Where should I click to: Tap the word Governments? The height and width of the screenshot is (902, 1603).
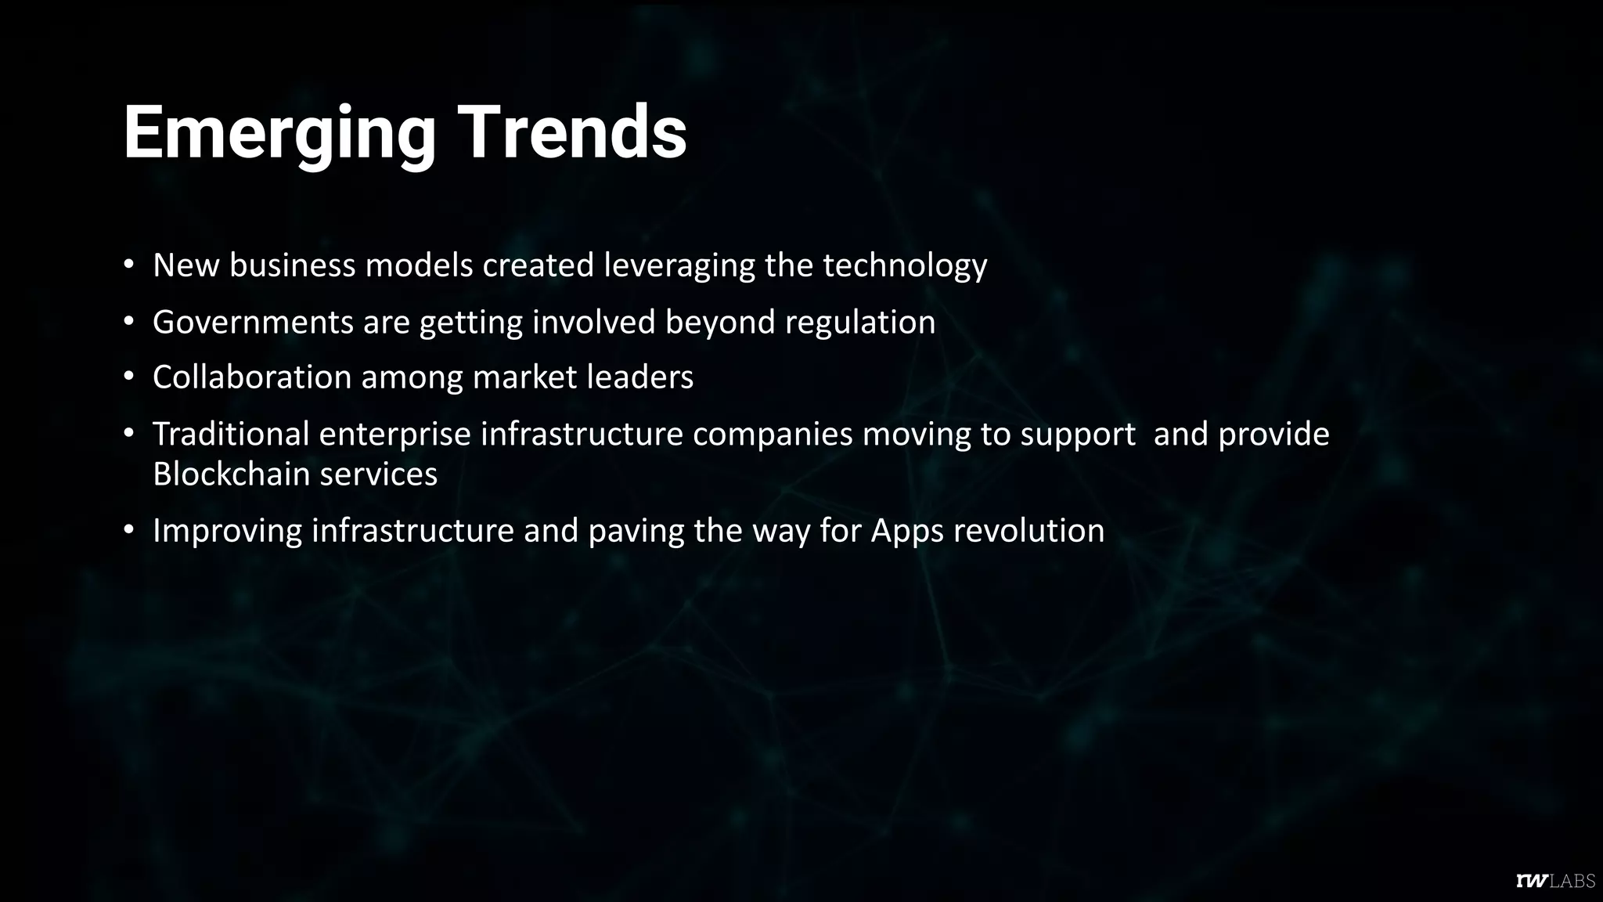pos(253,322)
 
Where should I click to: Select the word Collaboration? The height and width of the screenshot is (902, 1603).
pos(252,377)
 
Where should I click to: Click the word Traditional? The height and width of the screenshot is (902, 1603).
pos(231,434)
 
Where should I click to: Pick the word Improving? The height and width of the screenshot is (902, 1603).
pos(227,531)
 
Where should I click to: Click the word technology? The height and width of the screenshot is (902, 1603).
pos(904,266)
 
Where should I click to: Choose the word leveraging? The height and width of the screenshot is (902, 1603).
pos(679,266)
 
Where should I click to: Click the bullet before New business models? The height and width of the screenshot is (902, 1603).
pos(129,265)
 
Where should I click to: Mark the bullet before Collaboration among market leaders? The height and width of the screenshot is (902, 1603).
pos(129,377)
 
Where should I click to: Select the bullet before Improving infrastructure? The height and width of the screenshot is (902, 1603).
pos(129,530)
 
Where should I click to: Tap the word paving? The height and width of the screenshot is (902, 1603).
pos(636,532)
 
